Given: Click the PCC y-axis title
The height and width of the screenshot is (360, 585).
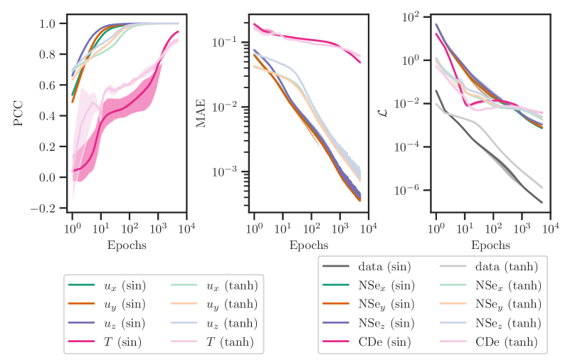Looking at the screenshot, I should (x=19, y=116).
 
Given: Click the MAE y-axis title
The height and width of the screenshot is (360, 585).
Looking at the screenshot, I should (x=201, y=116).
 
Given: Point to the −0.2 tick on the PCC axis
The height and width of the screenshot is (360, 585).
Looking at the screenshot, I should (x=45, y=208).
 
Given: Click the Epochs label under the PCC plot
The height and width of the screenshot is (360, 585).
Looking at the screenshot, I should (x=127, y=245).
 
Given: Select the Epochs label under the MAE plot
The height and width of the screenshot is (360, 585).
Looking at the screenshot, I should (x=310, y=245).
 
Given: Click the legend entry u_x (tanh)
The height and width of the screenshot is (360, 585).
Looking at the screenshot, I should (x=227, y=285).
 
